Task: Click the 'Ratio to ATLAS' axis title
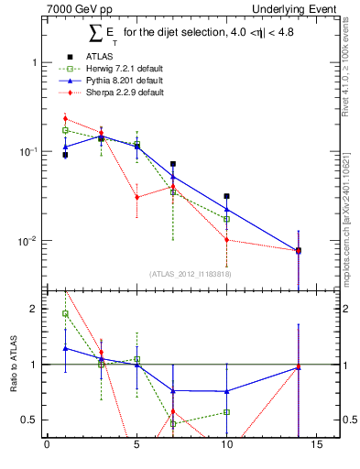coord(14,364)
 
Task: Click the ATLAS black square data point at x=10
coord(226,196)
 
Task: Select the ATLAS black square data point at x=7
coord(172,164)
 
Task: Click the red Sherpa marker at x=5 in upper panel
coord(136,197)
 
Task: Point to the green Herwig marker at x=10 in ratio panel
coord(226,412)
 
